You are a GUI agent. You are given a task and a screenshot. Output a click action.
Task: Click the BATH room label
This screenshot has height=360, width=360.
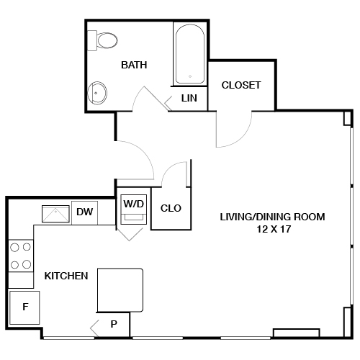pyautogui.click(x=134, y=65)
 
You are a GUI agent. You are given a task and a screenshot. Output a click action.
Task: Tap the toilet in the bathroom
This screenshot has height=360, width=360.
pyautogui.click(x=105, y=40)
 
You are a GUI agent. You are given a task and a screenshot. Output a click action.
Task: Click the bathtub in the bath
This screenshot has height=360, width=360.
pyautogui.click(x=190, y=54)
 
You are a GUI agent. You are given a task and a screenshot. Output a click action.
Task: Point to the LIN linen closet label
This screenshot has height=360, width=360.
pyautogui.click(x=189, y=98)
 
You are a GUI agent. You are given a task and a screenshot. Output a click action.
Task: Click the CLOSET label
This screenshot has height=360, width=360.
pyautogui.click(x=240, y=85)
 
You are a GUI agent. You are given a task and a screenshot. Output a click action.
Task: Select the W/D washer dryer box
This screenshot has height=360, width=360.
pyautogui.click(x=134, y=204)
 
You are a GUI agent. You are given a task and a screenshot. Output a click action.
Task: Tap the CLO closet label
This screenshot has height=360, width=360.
pyautogui.click(x=171, y=209)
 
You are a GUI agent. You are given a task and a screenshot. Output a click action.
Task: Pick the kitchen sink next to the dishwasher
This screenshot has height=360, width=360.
pyautogui.click(x=55, y=213)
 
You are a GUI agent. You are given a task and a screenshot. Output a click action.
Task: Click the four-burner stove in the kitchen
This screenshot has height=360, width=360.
pyautogui.click(x=21, y=256)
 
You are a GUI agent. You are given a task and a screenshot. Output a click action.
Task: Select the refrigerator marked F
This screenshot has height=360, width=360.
pyautogui.click(x=25, y=308)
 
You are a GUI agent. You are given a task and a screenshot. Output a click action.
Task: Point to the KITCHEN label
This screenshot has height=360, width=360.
pyautogui.click(x=66, y=276)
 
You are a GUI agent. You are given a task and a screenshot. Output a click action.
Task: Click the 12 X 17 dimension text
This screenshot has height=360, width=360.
pyautogui.click(x=272, y=229)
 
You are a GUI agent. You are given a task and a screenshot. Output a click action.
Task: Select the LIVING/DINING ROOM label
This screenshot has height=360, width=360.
pyautogui.click(x=273, y=216)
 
